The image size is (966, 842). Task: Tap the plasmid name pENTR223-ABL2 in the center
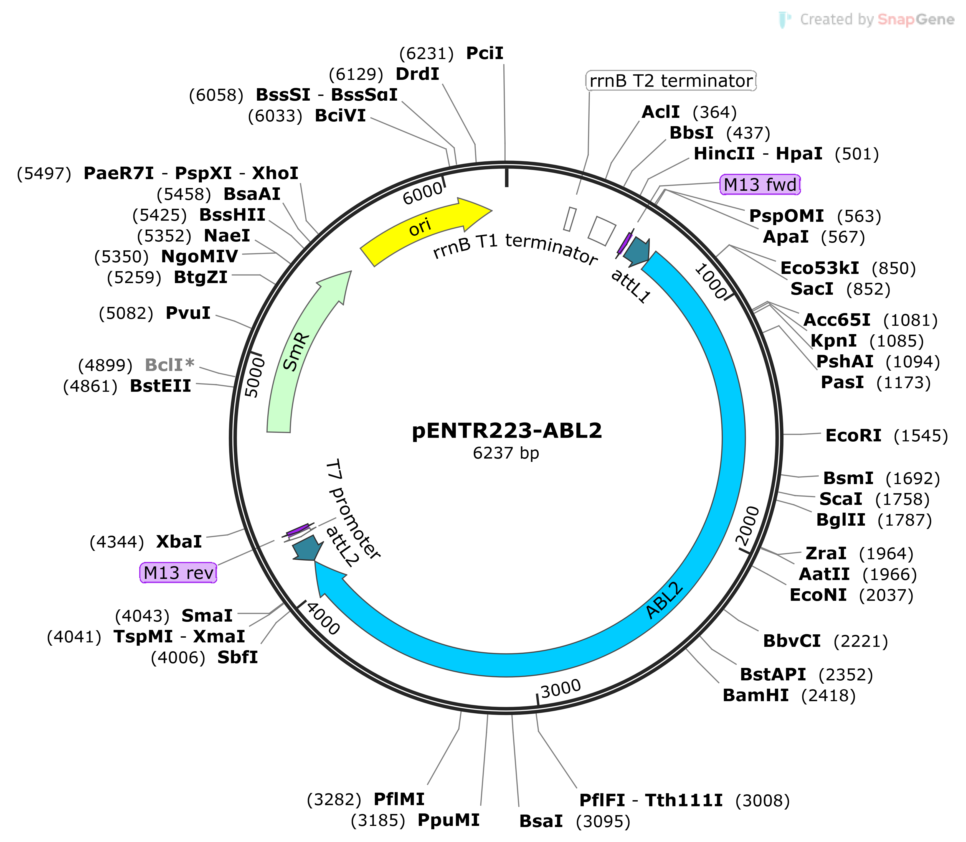click(x=507, y=430)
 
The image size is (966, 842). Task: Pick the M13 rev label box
click(x=178, y=573)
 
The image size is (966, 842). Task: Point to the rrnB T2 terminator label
click(x=671, y=81)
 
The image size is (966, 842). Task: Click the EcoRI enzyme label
click(x=853, y=436)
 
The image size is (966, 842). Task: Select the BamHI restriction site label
click(x=755, y=695)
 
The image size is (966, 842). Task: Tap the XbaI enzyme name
click(x=179, y=542)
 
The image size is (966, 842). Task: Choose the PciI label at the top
click(x=485, y=53)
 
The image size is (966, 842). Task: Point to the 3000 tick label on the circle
click(x=561, y=689)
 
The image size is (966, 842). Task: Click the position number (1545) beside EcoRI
click(x=921, y=436)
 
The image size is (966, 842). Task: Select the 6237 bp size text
click(x=506, y=453)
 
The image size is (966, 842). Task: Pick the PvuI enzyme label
click(x=188, y=313)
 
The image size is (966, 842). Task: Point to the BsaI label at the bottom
click(x=541, y=821)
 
